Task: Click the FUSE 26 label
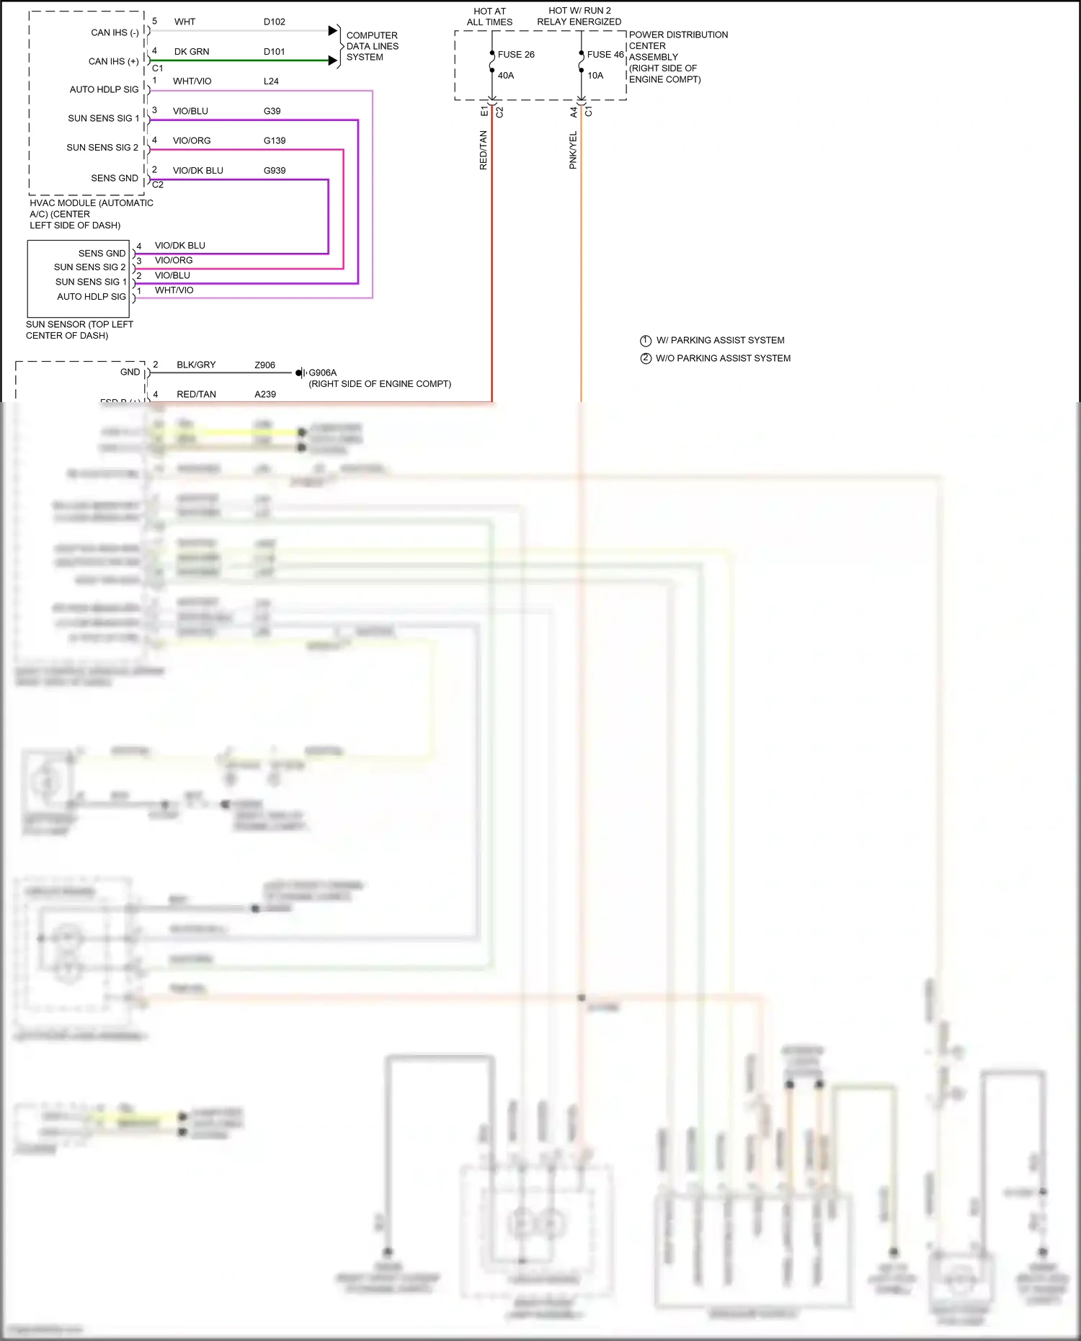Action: pyautogui.click(x=516, y=55)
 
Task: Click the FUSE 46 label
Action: pyautogui.click(x=605, y=55)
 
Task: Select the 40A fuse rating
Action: pyautogui.click(x=506, y=76)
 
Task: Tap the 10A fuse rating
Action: pyautogui.click(x=595, y=76)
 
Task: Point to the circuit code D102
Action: pyautogui.click(x=274, y=22)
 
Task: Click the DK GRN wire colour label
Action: pyautogui.click(x=192, y=52)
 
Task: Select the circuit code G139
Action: pyautogui.click(x=275, y=141)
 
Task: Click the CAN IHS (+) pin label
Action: pyautogui.click(x=113, y=62)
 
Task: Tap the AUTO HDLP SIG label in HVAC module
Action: pyautogui.click(x=104, y=90)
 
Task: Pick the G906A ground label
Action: pyautogui.click(x=322, y=373)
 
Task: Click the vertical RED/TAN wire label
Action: pyautogui.click(x=484, y=150)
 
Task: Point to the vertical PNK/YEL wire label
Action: pyautogui.click(x=573, y=150)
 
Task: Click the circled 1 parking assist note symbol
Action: pyautogui.click(x=646, y=341)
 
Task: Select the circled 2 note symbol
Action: pyautogui.click(x=646, y=358)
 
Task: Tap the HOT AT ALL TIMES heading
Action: pyautogui.click(x=489, y=17)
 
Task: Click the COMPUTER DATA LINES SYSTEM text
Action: pyautogui.click(x=372, y=46)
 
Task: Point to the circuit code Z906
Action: pyautogui.click(x=264, y=365)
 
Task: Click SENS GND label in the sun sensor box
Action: pyautogui.click(x=102, y=254)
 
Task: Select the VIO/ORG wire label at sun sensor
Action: pyautogui.click(x=174, y=260)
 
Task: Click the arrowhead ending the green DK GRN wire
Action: pyautogui.click(x=333, y=61)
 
